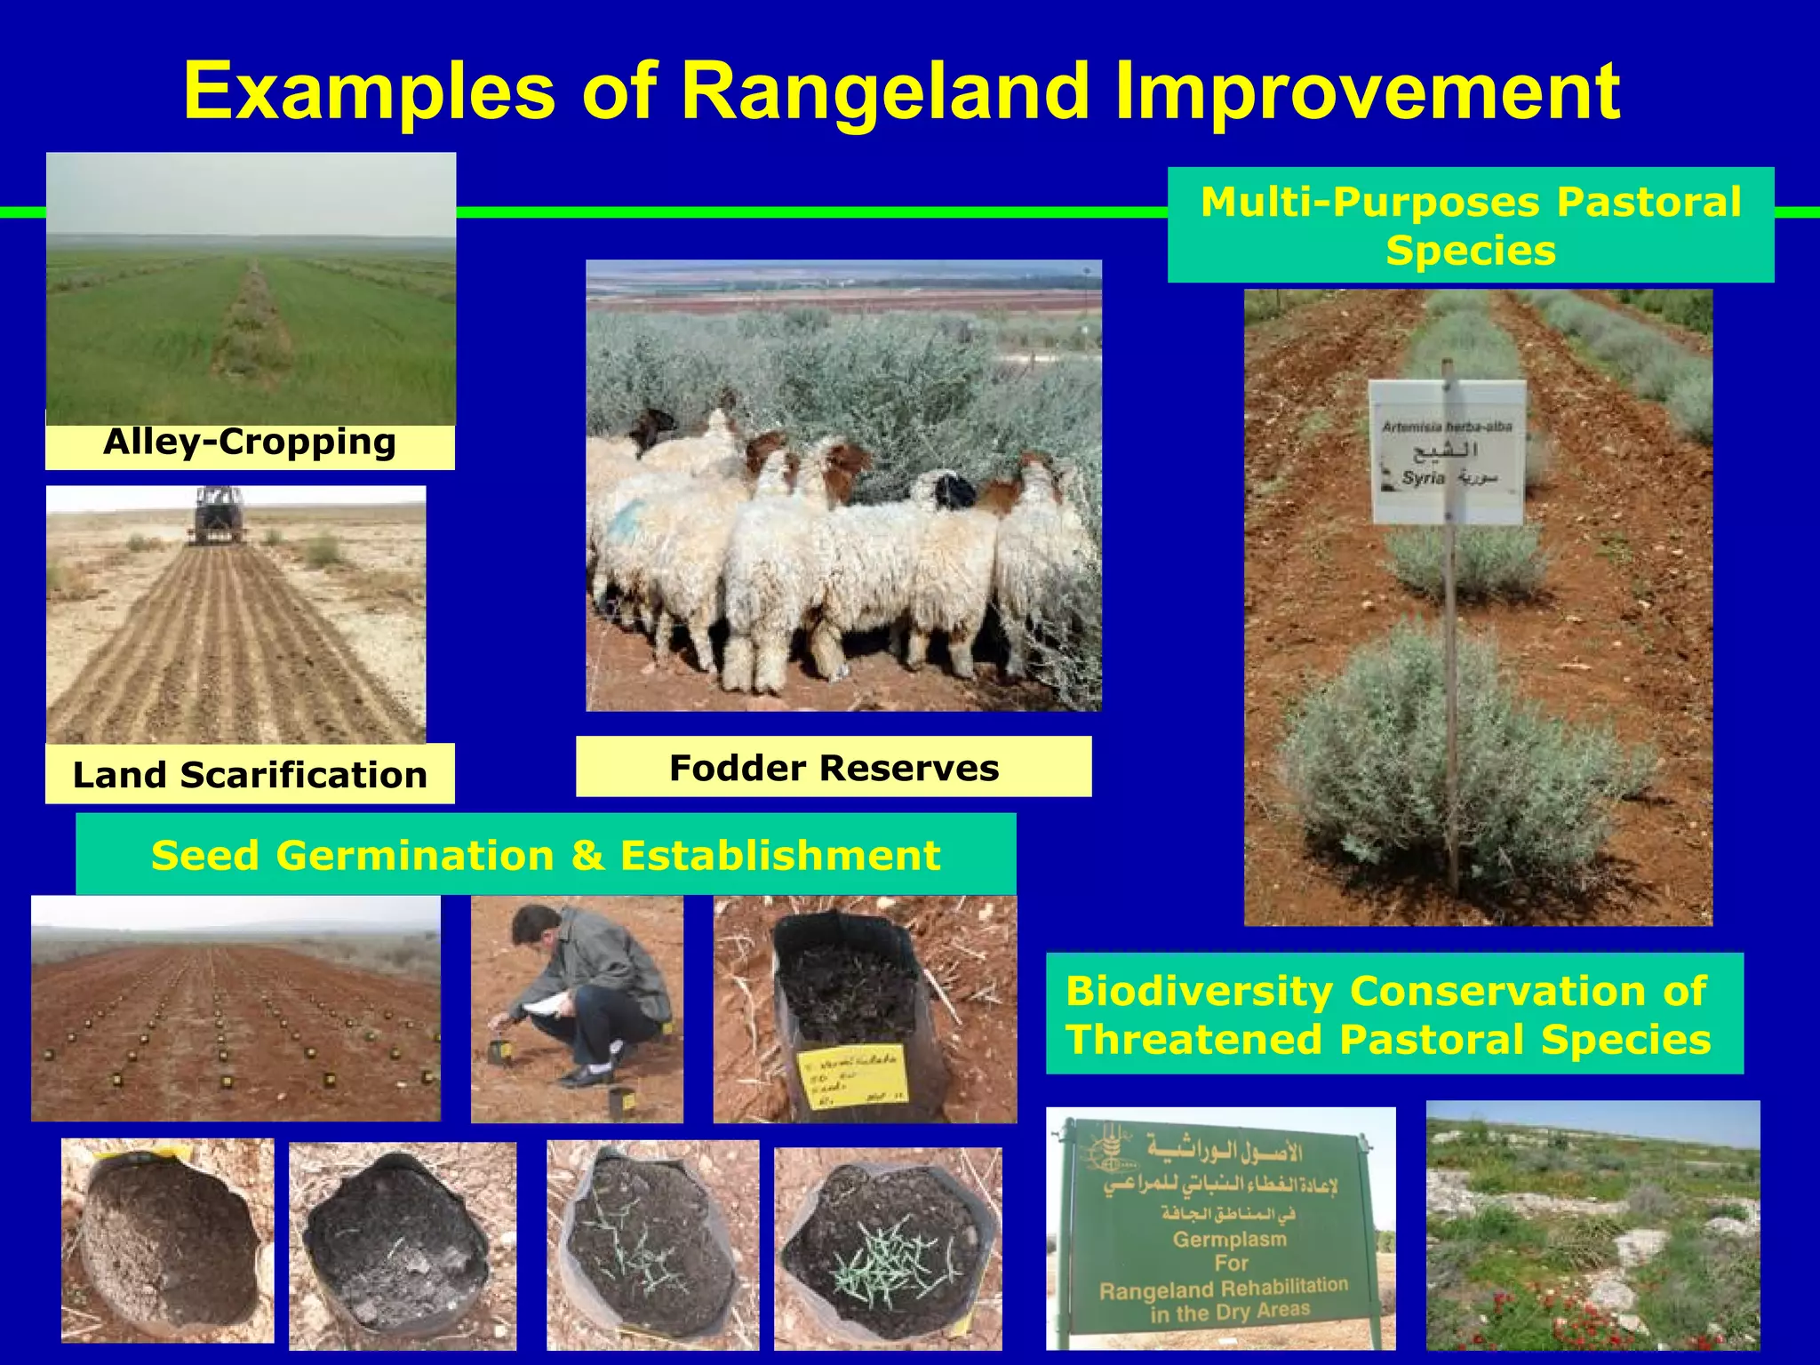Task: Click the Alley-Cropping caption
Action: (x=250, y=442)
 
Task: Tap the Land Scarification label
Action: (x=250, y=775)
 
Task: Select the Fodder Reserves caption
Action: (x=834, y=768)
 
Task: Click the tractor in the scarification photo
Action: (x=218, y=514)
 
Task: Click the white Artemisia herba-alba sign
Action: (x=1448, y=451)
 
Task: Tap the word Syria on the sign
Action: (x=1421, y=478)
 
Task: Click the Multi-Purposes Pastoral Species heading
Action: (x=1471, y=226)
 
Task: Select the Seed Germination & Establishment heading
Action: (x=546, y=855)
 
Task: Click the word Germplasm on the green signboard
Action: (x=1230, y=1239)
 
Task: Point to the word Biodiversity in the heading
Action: (x=1199, y=991)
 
